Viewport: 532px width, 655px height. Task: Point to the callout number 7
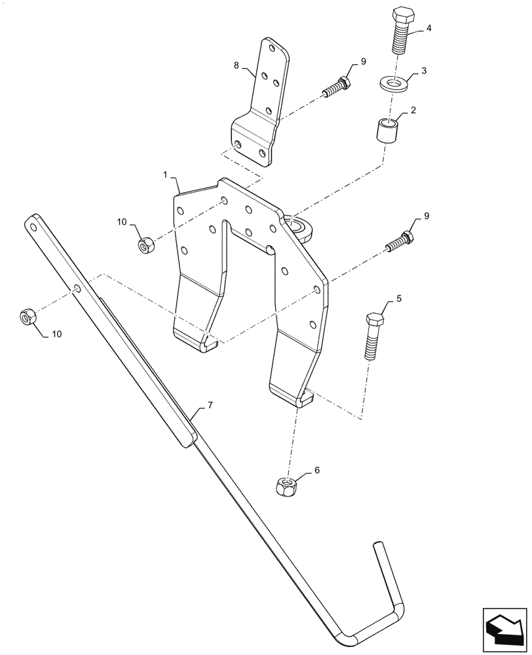click(x=210, y=406)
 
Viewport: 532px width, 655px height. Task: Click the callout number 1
click(x=165, y=176)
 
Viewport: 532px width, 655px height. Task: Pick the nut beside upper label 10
click(x=146, y=246)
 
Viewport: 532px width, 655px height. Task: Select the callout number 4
click(x=428, y=28)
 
